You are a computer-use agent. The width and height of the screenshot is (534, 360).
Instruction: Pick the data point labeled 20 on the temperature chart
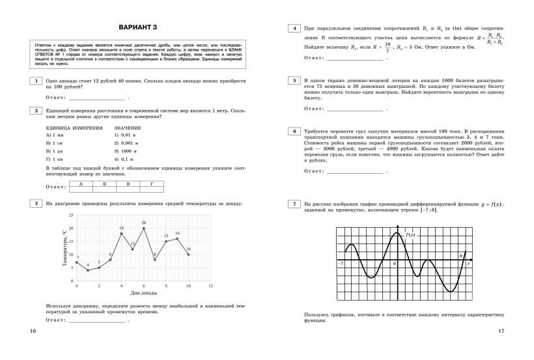click(144, 228)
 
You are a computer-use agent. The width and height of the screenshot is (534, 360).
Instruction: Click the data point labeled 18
click(121, 233)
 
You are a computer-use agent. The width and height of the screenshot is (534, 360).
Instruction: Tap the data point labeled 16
click(177, 238)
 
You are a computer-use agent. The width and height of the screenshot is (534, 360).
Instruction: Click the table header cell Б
click(104, 184)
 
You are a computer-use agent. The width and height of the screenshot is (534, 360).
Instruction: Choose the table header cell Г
click(151, 184)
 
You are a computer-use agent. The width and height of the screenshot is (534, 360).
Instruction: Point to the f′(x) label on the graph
click(410, 234)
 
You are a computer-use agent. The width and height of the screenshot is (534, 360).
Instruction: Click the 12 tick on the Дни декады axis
click(210, 286)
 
